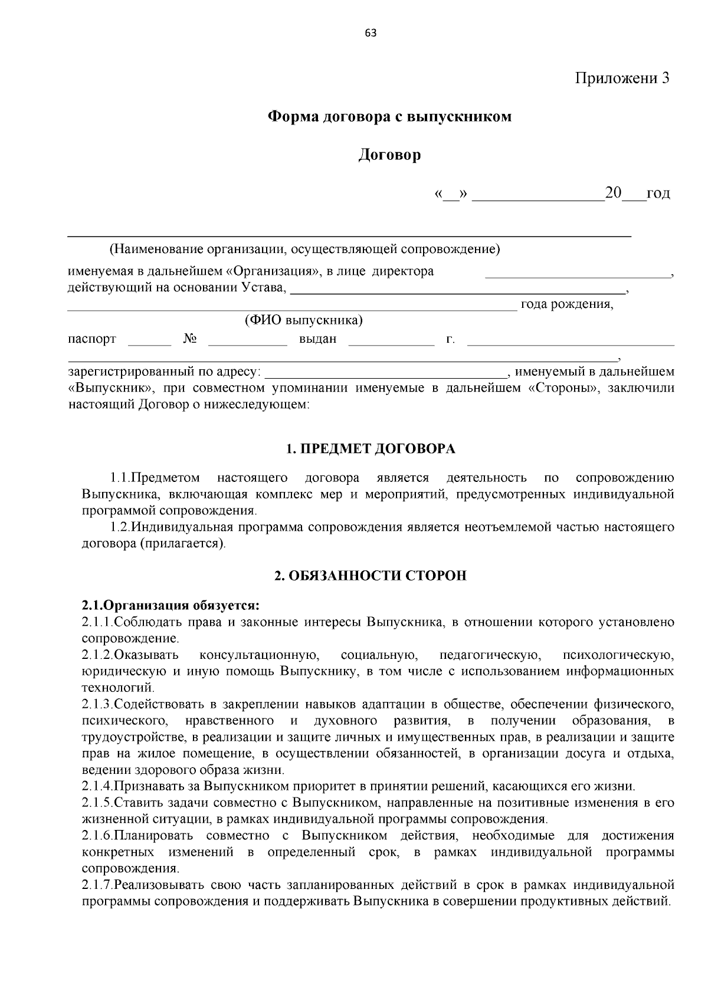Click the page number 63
(x=371, y=33)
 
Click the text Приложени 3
(x=622, y=78)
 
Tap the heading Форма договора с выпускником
(x=389, y=116)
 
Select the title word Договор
(x=389, y=155)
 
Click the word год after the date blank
(x=658, y=193)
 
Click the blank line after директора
(x=578, y=273)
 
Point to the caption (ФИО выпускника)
(x=303, y=320)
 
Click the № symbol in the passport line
(x=190, y=339)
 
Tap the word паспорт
(x=92, y=339)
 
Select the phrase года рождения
(x=566, y=304)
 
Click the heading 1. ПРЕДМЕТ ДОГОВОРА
(x=371, y=449)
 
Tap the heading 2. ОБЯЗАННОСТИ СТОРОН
(x=371, y=576)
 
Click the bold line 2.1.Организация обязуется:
(x=171, y=606)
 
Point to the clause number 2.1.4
(x=97, y=786)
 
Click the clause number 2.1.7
(x=97, y=885)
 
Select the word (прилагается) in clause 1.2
(x=182, y=543)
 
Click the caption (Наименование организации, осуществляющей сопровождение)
(x=304, y=249)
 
